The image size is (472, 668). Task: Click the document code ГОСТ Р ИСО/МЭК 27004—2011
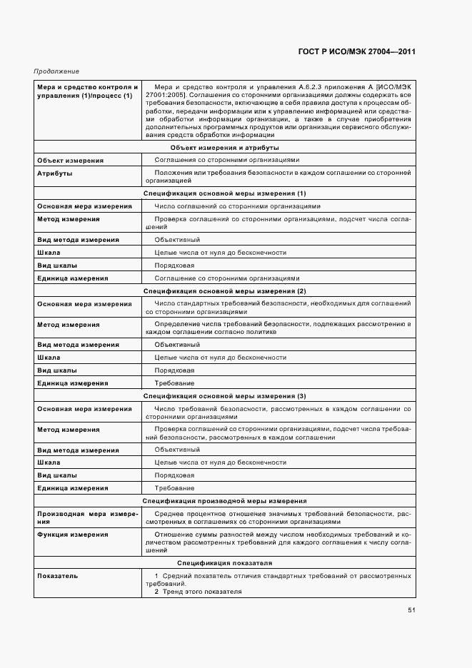pyautogui.click(x=356, y=52)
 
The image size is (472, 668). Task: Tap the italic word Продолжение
pyautogui.click(x=56, y=71)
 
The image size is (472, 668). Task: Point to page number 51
pyautogui.click(x=411, y=610)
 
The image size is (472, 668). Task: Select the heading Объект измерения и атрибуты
pyautogui.click(x=224, y=147)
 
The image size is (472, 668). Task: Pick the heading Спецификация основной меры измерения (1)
pyautogui.click(x=224, y=193)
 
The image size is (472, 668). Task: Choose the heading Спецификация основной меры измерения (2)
pyautogui.click(x=224, y=291)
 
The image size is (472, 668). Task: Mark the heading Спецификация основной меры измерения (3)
pyautogui.click(x=224, y=395)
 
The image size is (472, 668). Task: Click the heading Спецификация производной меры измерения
pyautogui.click(x=224, y=501)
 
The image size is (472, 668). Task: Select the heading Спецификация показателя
pyautogui.click(x=224, y=562)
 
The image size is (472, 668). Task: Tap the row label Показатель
pyautogui.click(x=58, y=575)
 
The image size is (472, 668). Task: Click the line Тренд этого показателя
pyautogui.click(x=202, y=592)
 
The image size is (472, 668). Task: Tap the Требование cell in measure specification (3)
pyautogui.click(x=174, y=488)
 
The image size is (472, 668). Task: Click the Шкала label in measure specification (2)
pyautogui.click(x=49, y=358)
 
